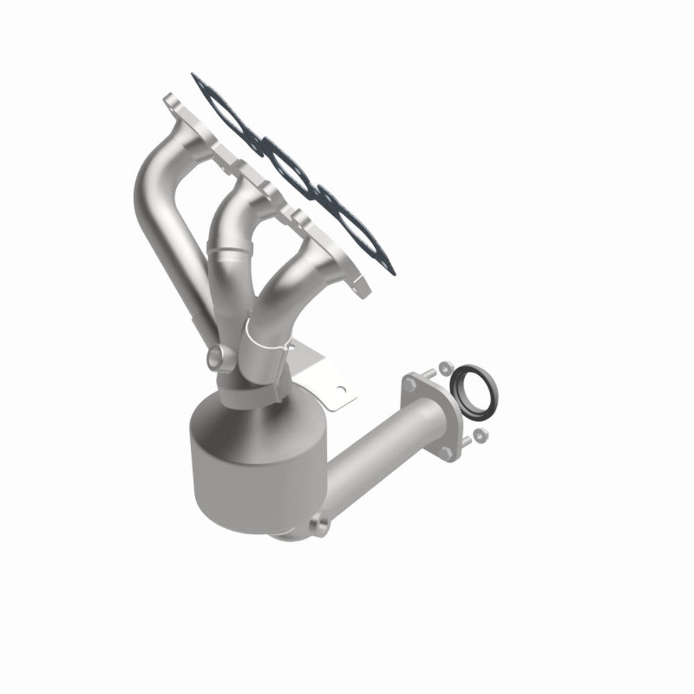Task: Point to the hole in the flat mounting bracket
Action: pyautogui.click(x=339, y=390)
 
